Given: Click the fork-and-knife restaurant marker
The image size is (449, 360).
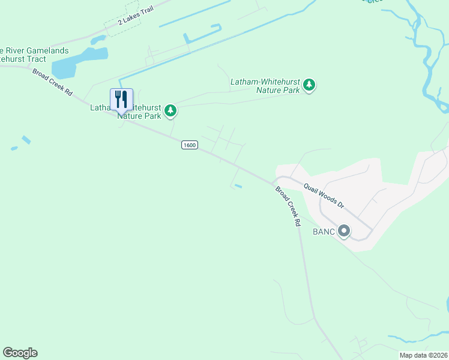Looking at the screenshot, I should click(x=121, y=100).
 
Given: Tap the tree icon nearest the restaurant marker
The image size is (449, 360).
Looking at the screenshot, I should click(x=171, y=110).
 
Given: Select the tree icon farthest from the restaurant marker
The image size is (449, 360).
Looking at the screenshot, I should click(x=309, y=85).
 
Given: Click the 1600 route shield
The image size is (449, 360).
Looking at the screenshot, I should click(x=189, y=145).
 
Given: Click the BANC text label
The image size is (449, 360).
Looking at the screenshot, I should click(x=323, y=231).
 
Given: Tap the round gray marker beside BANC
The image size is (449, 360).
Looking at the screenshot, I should click(x=344, y=230).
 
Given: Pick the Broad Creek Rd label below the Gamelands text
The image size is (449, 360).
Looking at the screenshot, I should click(x=53, y=82).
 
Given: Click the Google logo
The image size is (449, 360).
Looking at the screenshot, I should click(x=20, y=353).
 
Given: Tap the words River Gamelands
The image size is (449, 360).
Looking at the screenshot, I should click(x=36, y=50).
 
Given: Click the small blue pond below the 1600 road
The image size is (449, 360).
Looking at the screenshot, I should click(x=238, y=187).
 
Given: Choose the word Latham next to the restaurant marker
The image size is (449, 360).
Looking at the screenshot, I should click(x=100, y=108).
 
